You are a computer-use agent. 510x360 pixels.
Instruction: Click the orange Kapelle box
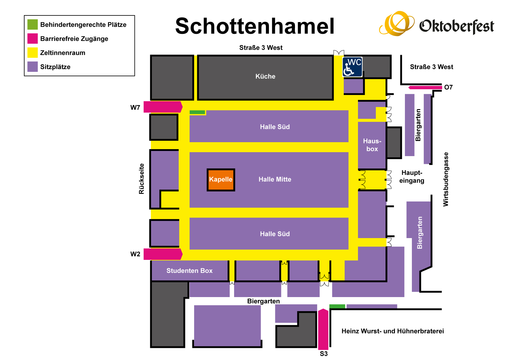point(221,180)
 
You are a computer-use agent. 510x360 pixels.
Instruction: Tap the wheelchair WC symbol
point(353,67)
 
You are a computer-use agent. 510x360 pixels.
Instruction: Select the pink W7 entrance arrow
point(163,107)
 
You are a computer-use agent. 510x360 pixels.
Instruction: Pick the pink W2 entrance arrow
point(163,254)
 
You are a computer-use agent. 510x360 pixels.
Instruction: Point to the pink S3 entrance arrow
point(323,329)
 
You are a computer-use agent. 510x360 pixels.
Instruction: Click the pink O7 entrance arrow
point(425,87)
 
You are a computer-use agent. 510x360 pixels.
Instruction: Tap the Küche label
point(265,77)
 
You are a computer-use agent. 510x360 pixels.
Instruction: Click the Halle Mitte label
point(275,179)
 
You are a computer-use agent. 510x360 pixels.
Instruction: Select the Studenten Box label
point(189,271)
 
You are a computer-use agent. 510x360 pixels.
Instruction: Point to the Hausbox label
point(372,145)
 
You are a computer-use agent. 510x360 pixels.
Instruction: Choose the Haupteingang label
point(412,177)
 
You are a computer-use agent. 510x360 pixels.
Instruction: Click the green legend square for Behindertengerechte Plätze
point(33,25)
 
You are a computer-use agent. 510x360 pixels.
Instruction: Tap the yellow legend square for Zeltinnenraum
point(33,53)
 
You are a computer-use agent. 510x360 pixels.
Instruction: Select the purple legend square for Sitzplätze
point(33,67)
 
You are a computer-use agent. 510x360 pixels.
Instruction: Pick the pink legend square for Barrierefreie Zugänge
point(33,39)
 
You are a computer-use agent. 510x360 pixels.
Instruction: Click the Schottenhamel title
point(255,26)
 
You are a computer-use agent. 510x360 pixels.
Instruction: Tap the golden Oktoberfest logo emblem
point(397,24)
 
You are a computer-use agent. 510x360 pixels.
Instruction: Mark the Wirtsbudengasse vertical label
point(446,179)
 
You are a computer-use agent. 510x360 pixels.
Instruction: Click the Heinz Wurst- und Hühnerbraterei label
point(393,331)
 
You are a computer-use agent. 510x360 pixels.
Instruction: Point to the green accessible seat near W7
point(197,112)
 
